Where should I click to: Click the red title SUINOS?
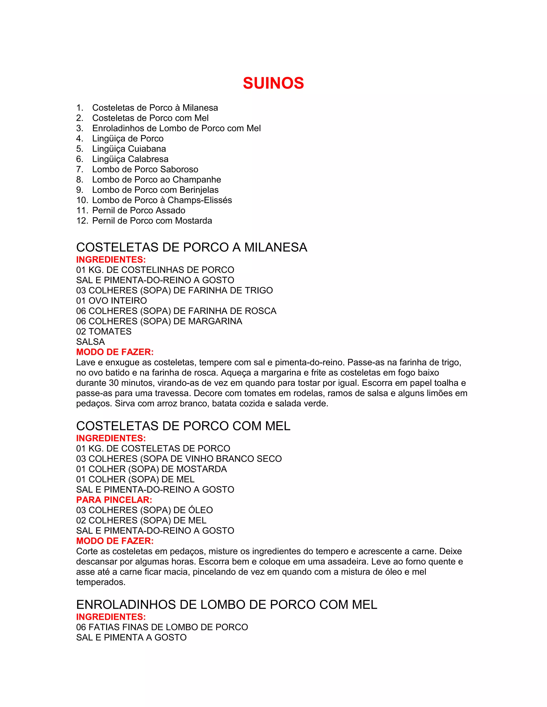pyautogui.click(x=273, y=83)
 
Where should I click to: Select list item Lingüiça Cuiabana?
pyautogui.click(x=129, y=149)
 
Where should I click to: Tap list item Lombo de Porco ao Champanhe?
pyautogui.click(x=157, y=180)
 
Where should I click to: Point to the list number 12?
pyautogui.click(x=82, y=221)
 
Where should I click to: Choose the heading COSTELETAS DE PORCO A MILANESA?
pyautogui.click(x=192, y=247)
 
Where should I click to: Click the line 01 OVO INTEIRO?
pyautogui.click(x=111, y=301)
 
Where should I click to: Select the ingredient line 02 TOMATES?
pyautogui.click(x=104, y=331)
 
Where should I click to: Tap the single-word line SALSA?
pyautogui.click(x=91, y=342)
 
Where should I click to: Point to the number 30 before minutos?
pyautogui.click(x=114, y=383)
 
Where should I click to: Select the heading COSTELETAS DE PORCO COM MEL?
pyautogui.click(x=183, y=426)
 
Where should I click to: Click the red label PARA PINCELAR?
pyautogui.click(x=114, y=500)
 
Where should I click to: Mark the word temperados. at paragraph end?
pyautogui.click(x=101, y=582)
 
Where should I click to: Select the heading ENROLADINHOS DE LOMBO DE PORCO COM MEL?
pyautogui.click(x=226, y=605)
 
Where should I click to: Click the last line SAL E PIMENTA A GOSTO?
pyautogui.click(x=131, y=637)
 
